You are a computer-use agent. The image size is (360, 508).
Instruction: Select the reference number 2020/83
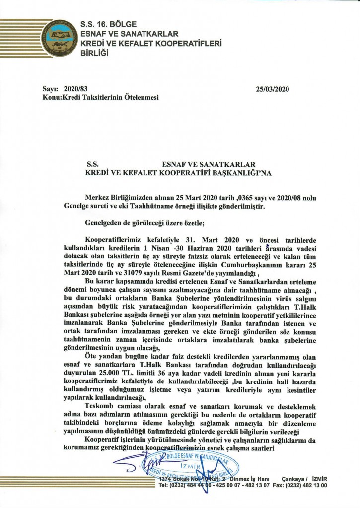click(x=75, y=89)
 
